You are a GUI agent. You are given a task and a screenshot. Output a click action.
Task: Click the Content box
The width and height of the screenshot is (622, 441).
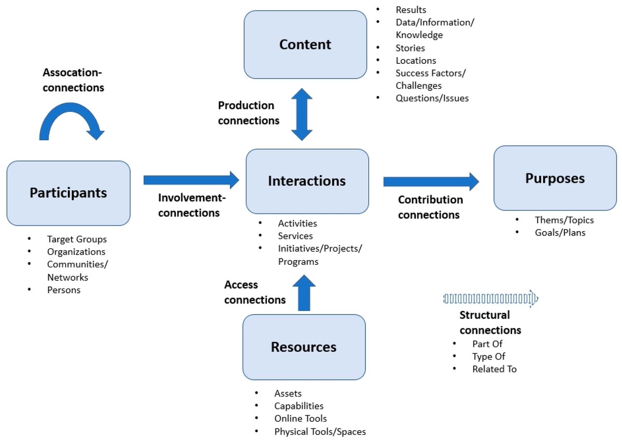click(x=305, y=45)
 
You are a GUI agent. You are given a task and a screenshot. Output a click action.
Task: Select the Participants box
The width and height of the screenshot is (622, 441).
click(x=68, y=193)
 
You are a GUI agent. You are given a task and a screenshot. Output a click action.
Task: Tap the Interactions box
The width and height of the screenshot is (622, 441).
click(x=307, y=181)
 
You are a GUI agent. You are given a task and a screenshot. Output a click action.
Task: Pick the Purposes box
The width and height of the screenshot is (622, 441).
click(x=555, y=178)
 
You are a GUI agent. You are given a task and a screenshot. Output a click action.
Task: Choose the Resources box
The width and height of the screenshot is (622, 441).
click(x=304, y=347)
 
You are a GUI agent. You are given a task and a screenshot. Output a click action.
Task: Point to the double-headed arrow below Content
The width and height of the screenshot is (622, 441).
click(x=302, y=115)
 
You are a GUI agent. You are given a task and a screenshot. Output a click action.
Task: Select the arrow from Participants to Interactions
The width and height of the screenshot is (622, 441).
click(x=191, y=180)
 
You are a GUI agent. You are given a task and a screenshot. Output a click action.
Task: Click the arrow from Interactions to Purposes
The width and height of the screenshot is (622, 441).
click(x=431, y=181)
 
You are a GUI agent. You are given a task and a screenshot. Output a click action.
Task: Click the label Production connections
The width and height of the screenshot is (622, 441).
click(x=248, y=113)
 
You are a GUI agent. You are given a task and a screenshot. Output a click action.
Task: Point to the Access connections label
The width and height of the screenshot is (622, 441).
click(x=255, y=292)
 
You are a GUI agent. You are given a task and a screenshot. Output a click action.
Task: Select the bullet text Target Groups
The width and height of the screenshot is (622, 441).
click(x=77, y=239)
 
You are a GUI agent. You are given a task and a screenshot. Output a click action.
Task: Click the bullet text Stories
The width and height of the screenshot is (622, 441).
click(x=410, y=48)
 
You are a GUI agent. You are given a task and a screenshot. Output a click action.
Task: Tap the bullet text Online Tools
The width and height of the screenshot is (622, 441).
click(x=301, y=418)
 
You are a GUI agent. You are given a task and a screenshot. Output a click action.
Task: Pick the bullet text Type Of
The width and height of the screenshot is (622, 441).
click(x=488, y=357)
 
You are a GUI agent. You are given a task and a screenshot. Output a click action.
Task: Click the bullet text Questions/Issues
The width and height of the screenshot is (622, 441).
click(x=432, y=98)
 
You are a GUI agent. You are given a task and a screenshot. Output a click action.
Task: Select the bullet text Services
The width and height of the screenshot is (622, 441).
click(x=295, y=236)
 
